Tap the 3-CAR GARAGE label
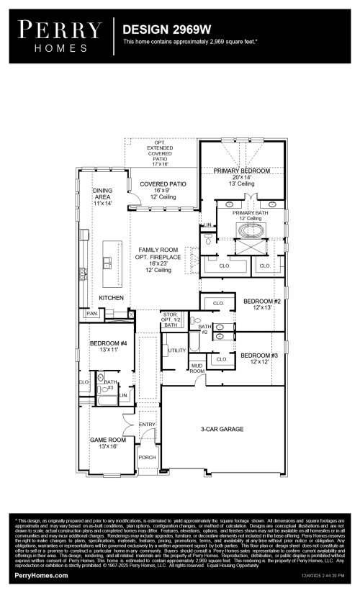(x=222, y=429)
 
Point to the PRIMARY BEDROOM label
(x=241, y=171)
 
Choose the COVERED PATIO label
(x=163, y=184)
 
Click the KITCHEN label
(x=112, y=298)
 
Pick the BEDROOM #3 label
(x=258, y=356)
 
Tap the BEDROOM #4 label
(x=109, y=344)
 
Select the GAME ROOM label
(x=107, y=439)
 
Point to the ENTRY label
(x=147, y=425)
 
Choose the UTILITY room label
(x=177, y=350)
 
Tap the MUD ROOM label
(x=197, y=368)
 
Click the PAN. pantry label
(x=92, y=314)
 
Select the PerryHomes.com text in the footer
(x=42, y=576)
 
